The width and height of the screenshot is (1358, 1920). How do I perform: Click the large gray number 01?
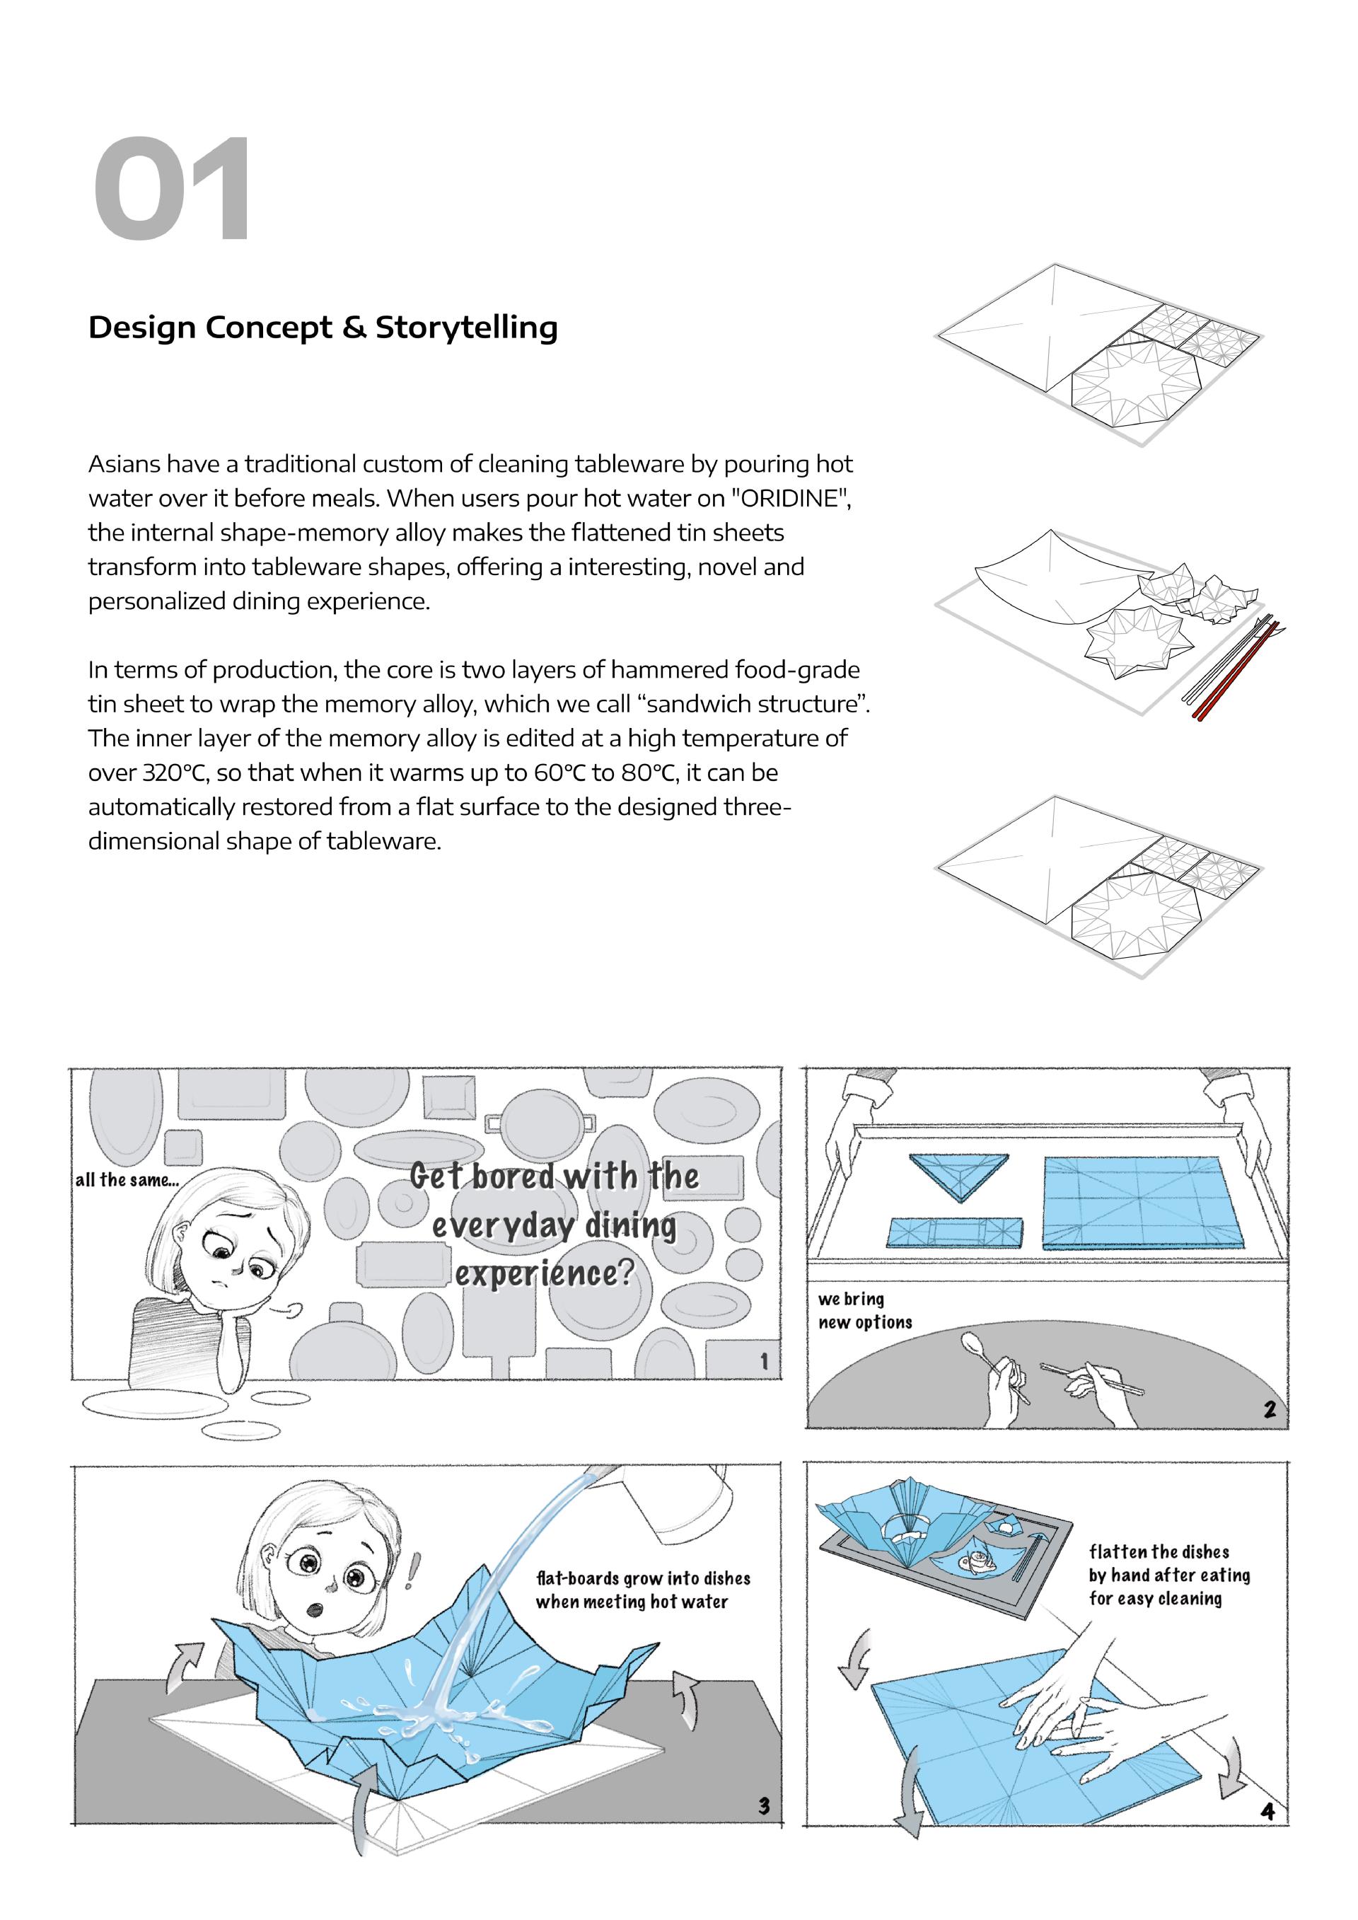click(x=171, y=190)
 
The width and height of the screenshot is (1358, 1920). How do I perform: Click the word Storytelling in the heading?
click(x=466, y=328)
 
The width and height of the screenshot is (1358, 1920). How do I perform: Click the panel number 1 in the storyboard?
click(x=763, y=1361)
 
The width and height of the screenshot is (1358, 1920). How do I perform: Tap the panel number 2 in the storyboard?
click(x=1270, y=1409)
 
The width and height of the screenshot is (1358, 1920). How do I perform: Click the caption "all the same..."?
click(x=127, y=1180)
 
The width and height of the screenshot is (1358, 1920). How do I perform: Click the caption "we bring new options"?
click(x=864, y=1310)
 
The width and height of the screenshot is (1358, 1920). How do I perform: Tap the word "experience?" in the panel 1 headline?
click(x=545, y=1274)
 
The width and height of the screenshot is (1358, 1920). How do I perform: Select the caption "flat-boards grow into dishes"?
click(x=643, y=1579)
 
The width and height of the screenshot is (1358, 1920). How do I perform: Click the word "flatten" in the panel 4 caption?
click(x=1118, y=1552)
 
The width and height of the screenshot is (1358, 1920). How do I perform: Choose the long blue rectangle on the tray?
click(x=953, y=1232)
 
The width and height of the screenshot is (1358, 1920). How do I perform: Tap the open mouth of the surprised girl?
click(x=315, y=1609)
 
